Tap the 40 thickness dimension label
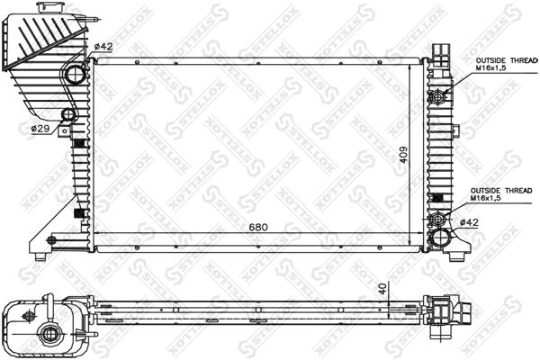point(382,290)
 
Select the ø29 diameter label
point(40,130)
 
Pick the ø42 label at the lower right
point(468,222)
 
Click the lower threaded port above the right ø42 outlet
point(438,220)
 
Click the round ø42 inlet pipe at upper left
point(74,75)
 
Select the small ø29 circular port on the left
point(67,115)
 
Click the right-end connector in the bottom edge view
point(454,314)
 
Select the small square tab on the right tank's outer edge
point(437,198)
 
